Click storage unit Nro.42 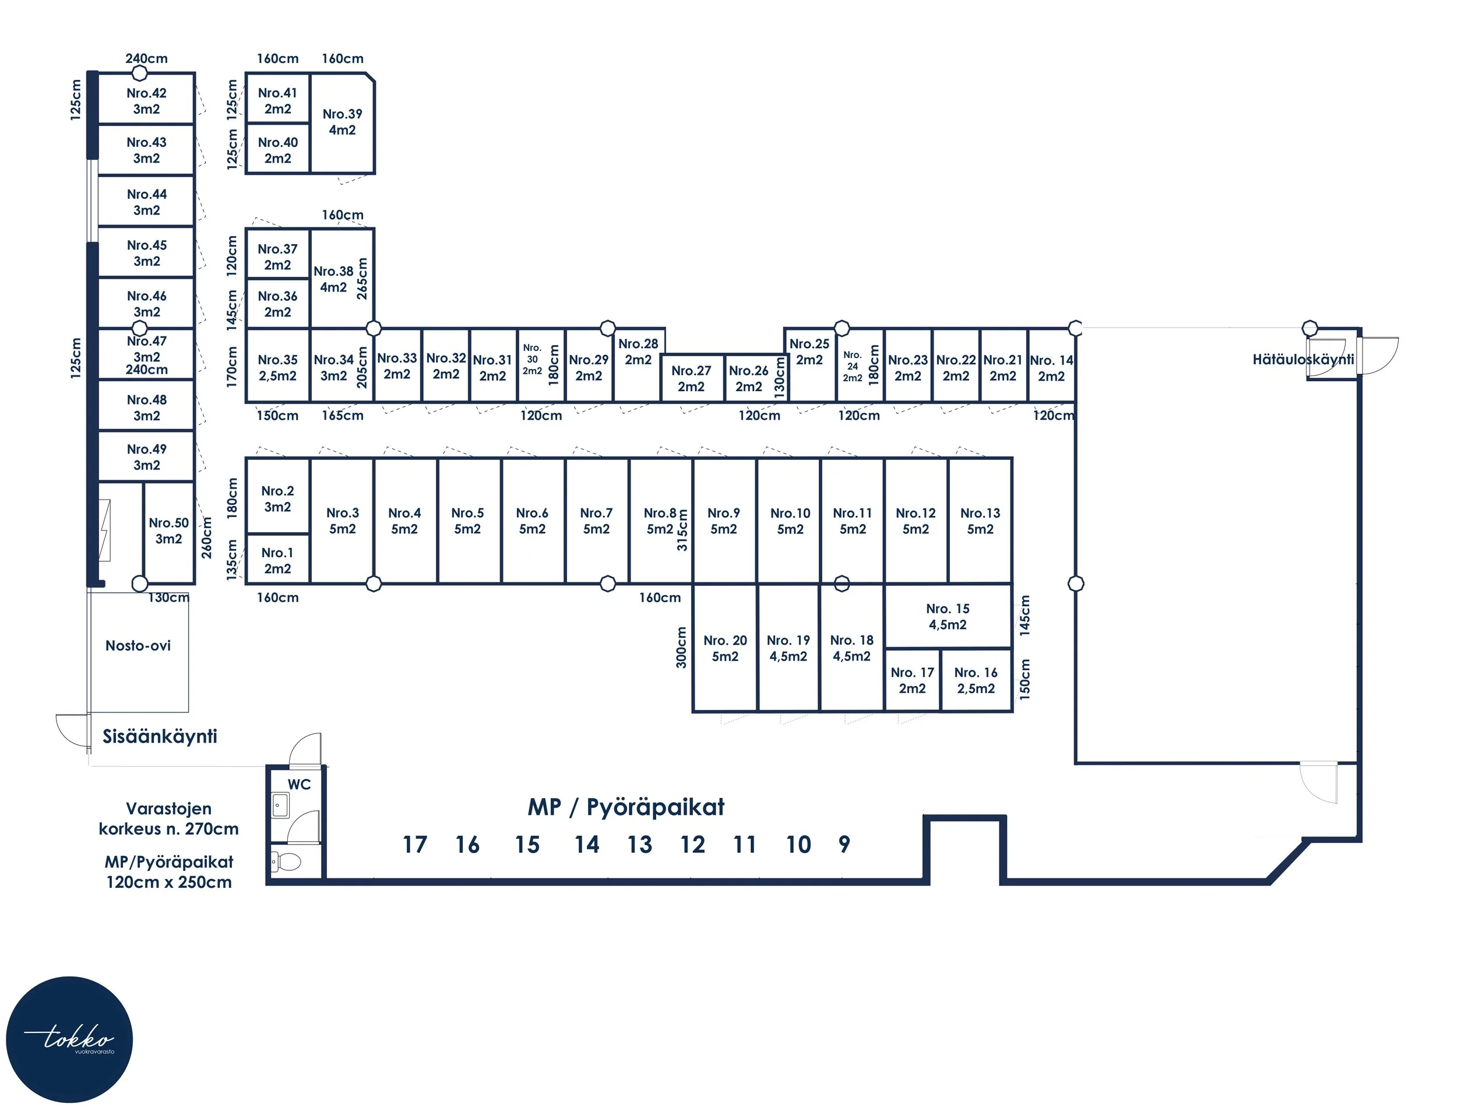[146, 101]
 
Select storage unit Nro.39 [342, 122]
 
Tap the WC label [299, 784]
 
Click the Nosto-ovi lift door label [138, 646]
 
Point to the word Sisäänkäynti [160, 736]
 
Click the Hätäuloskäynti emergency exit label [1303, 359]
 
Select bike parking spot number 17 [414, 845]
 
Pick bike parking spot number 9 [844, 845]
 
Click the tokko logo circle [69, 1039]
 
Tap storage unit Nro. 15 [947, 616]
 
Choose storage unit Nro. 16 [976, 680]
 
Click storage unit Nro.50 [168, 530]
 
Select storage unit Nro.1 [277, 560]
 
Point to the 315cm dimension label [682, 530]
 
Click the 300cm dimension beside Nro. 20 [681, 647]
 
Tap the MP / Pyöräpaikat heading [626, 807]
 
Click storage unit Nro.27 [691, 378]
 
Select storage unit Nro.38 [333, 279]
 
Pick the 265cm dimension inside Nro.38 [361, 278]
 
